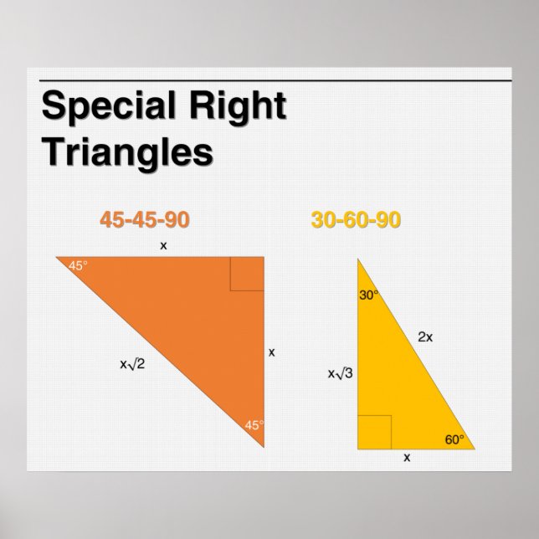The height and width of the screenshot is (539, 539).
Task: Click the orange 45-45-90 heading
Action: [145, 220]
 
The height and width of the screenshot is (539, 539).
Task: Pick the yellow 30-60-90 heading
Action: [356, 220]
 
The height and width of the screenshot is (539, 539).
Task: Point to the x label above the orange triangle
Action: [163, 246]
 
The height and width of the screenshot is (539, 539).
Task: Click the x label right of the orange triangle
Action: [271, 352]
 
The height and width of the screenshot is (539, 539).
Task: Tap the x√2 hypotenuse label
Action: [132, 363]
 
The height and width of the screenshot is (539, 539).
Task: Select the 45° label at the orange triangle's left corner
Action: [78, 265]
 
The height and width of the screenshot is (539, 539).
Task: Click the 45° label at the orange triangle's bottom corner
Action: [254, 425]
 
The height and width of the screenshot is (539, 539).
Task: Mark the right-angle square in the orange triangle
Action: [247, 274]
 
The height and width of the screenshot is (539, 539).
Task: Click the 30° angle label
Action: [369, 295]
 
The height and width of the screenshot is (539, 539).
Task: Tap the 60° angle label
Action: [454, 439]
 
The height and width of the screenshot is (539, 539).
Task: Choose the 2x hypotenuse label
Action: [425, 337]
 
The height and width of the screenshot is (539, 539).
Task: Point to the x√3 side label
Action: [340, 373]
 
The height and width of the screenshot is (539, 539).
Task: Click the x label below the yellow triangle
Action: [408, 458]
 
